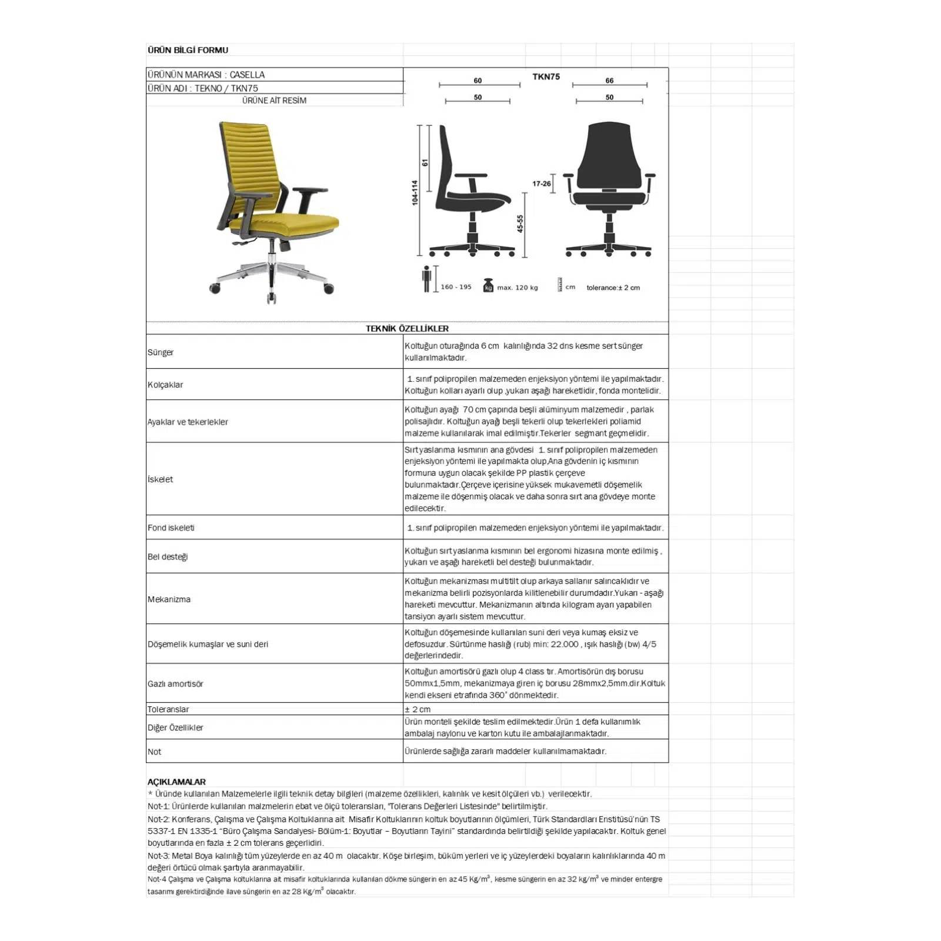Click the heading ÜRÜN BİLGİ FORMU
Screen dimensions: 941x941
pyautogui.click(x=188, y=50)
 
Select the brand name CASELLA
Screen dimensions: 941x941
pyautogui.click(x=247, y=75)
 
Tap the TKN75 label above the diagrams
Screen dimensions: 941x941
pyautogui.click(x=546, y=76)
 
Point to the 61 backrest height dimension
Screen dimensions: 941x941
pyautogui.click(x=425, y=162)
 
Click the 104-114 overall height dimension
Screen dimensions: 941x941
pyautogui.click(x=415, y=192)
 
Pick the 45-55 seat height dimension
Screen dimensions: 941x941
pyautogui.click(x=520, y=223)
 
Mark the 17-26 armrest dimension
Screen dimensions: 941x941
pyautogui.click(x=542, y=183)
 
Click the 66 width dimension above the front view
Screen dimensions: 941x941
pyautogui.click(x=609, y=81)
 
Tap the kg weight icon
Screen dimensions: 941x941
pyautogui.click(x=488, y=286)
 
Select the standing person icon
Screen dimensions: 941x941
pyautogui.click(x=426, y=278)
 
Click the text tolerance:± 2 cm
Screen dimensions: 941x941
pyautogui.click(x=613, y=288)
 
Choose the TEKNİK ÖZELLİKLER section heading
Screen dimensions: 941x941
pyautogui.click(x=407, y=328)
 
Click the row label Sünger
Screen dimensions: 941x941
pyautogui.click(x=161, y=352)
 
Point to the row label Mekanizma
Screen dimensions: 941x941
pyautogui.click(x=169, y=599)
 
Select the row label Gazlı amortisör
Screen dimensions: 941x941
pyautogui.click(x=175, y=684)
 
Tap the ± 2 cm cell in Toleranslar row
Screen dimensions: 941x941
pyautogui.click(x=418, y=709)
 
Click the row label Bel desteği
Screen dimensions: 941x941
pyautogui.click(x=168, y=556)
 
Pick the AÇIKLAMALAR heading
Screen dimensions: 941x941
pyautogui.click(x=176, y=782)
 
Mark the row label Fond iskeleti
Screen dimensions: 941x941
pyautogui.click(x=171, y=528)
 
